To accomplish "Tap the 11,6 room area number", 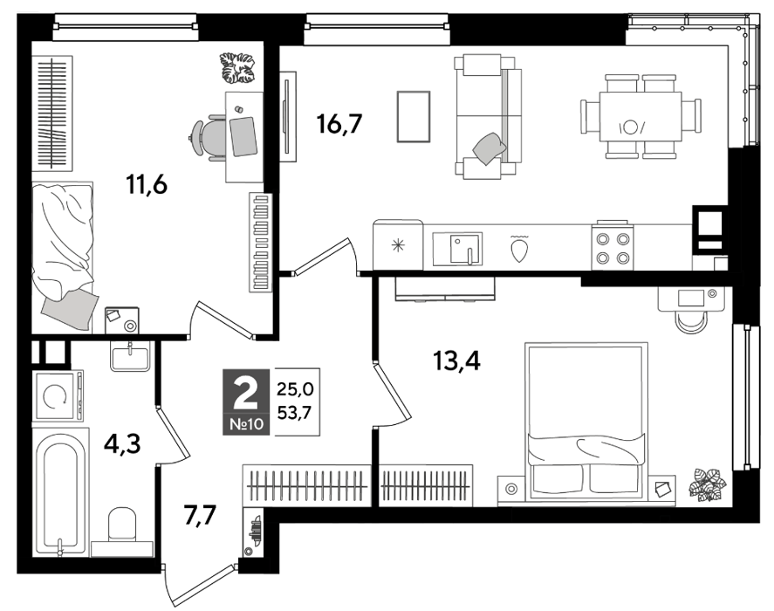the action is [147, 185].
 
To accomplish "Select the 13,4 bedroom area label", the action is [456, 361].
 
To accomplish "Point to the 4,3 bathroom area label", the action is [122, 444].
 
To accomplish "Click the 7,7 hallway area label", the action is [200, 517].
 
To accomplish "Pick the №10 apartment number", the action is [247, 424].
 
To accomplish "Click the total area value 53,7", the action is [294, 412].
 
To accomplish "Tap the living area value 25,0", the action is [295, 389].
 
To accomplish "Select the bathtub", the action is [60, 492].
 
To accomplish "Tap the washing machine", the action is [58, 395].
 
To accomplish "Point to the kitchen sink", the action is [457, 249].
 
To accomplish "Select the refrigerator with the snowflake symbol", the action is [398, 245].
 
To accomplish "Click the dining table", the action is [640, 117].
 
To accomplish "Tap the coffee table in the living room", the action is [414, 117].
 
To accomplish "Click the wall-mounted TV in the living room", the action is [287, 117].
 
